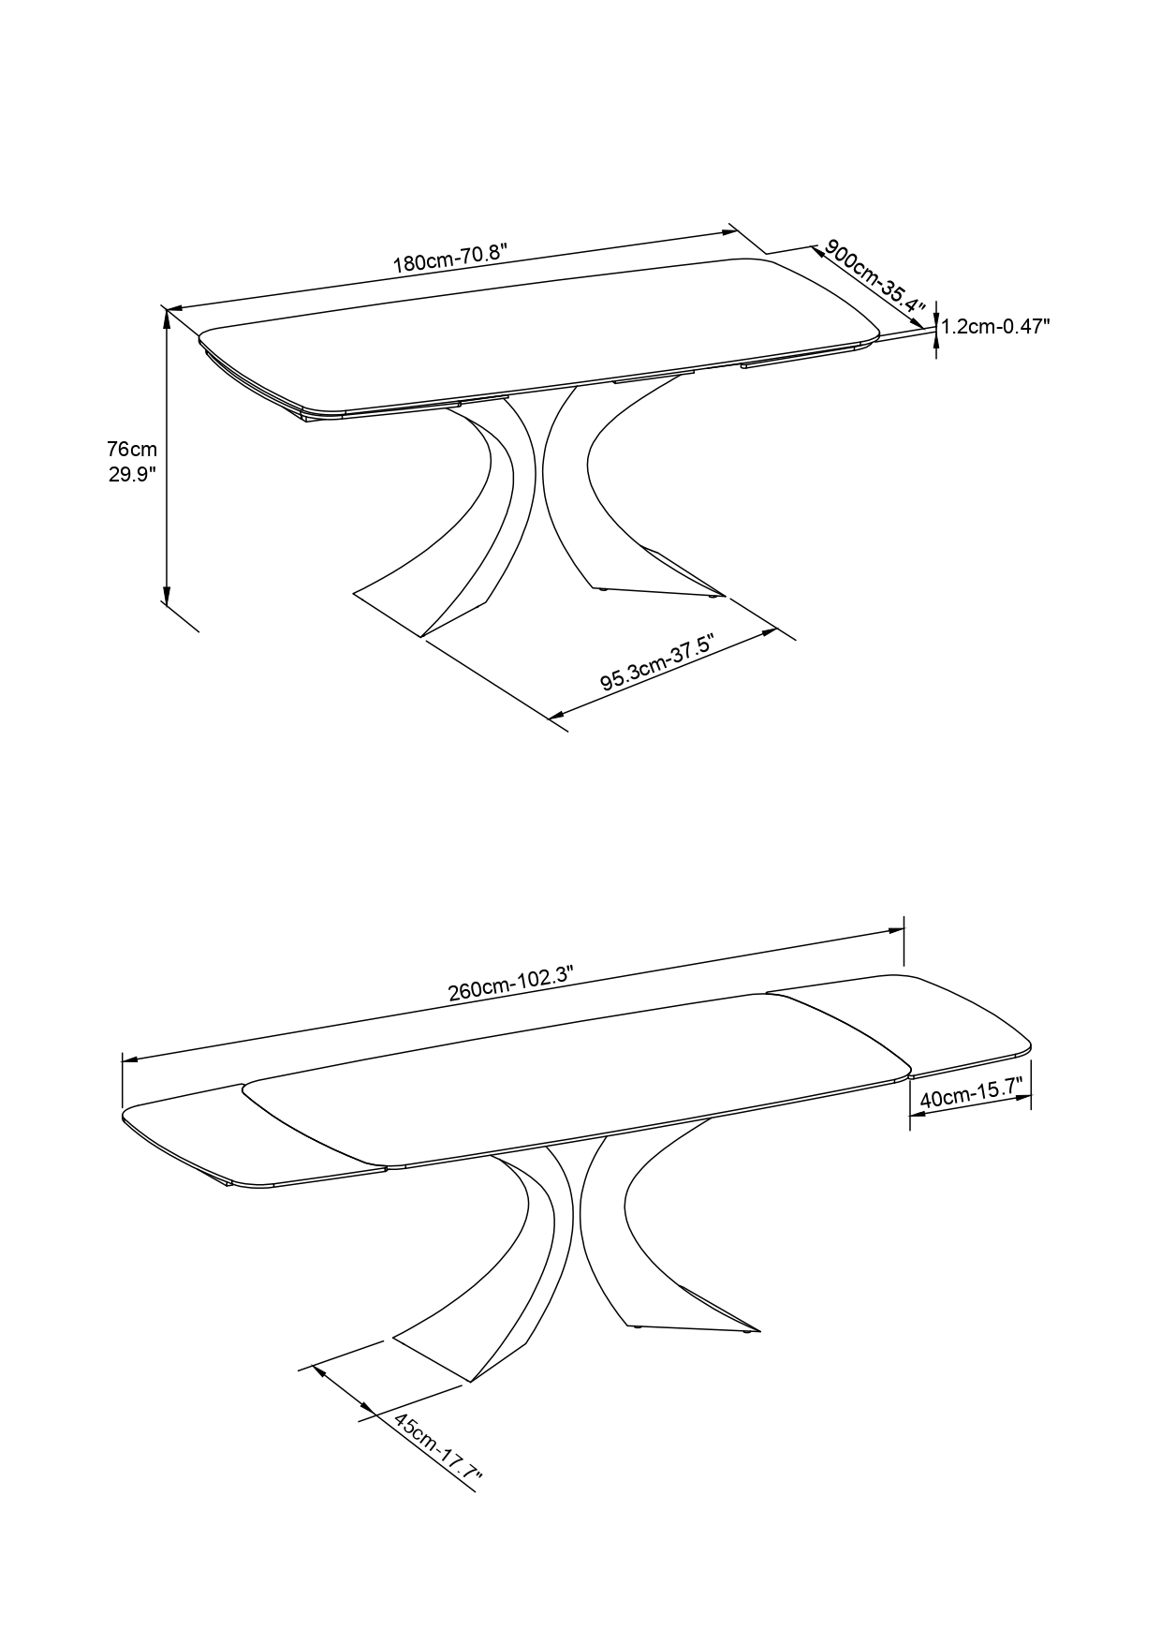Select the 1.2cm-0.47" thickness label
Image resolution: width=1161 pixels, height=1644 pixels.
995,326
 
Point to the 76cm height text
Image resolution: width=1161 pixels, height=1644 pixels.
132,450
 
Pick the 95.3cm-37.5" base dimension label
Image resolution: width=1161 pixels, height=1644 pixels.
657,664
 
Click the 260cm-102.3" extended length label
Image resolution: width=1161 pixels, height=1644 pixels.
510,985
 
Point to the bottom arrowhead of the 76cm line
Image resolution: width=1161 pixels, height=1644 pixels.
167,595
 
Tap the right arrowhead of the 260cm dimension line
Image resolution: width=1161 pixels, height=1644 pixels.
895,930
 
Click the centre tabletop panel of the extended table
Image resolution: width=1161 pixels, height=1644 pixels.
576,1077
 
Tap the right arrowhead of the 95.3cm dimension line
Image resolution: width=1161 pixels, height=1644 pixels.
769,633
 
